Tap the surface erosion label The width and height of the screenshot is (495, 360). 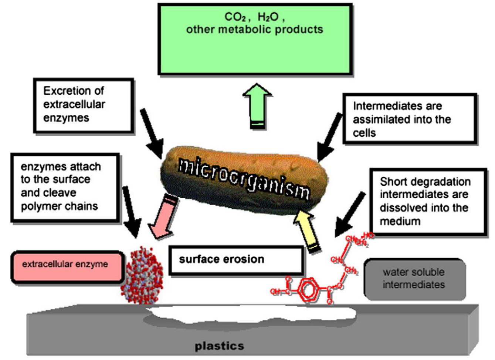click(x=222, y=260)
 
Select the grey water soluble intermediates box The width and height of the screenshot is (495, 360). click(x=414, y=279)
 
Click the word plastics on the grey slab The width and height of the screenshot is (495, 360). click(x=220, y=346)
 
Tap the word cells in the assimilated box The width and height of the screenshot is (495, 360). click(x=364, y=133)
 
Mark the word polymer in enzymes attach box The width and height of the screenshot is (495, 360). click(x=38, y=206)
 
